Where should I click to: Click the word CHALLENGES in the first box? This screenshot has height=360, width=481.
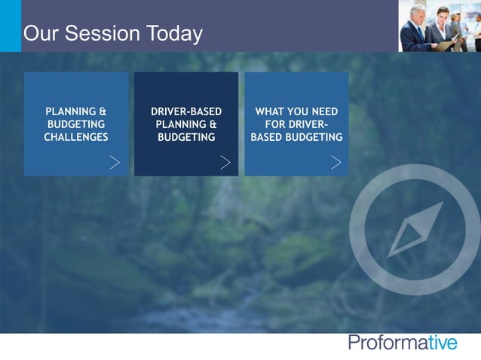tap(76, 137)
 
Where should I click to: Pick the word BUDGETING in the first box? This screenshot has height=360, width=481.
tap(76, 124)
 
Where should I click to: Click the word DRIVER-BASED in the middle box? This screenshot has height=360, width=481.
tap(186, 111)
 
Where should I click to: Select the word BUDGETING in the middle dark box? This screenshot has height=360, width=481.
tap(186, 137)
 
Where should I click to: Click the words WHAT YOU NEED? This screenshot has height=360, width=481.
tap(296, 111)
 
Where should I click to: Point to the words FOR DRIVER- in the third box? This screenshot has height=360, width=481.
tap(296, 124)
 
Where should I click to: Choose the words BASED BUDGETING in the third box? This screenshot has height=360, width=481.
tap(296, 137)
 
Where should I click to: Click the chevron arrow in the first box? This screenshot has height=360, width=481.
tap(115, 162)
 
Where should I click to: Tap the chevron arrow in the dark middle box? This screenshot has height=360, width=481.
tap(225, 162)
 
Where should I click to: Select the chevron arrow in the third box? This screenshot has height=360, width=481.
tap(335, 162)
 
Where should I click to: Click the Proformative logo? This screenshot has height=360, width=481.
tap(403, 343)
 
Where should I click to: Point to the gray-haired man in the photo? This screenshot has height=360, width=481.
tap(418, 23)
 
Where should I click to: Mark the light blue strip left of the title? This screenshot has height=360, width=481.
tap(11, 26)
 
